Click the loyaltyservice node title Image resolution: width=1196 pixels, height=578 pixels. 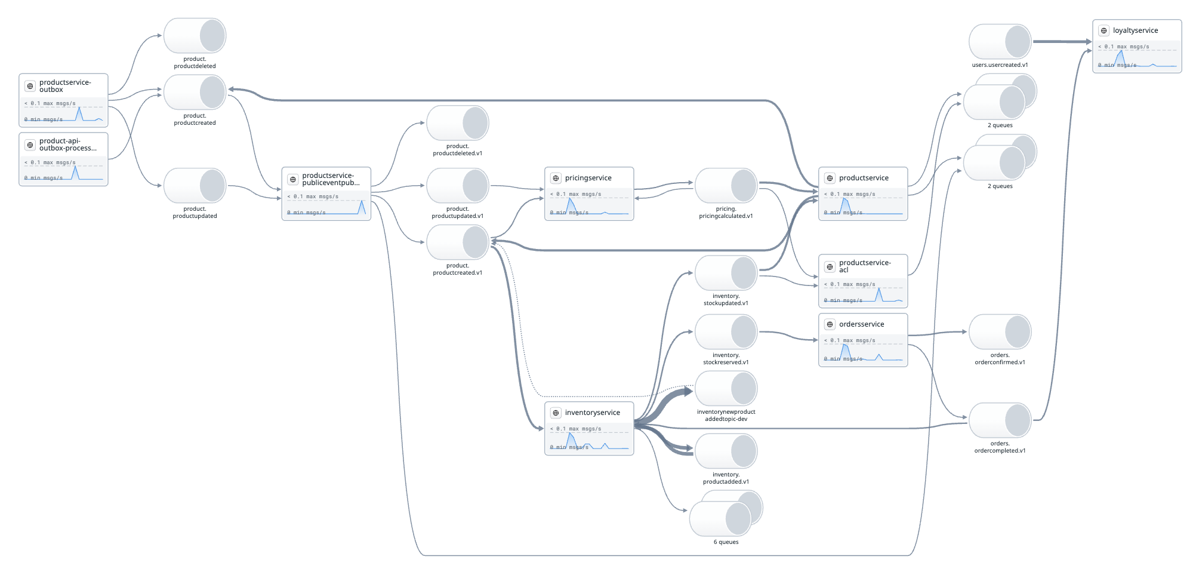click(x=1135, y=30)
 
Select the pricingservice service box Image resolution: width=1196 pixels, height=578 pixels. click(x=588, y=193)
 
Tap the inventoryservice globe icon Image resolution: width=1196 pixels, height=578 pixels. click(x=556, y=413)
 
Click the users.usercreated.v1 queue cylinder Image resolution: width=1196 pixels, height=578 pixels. click(x=1000, y=42)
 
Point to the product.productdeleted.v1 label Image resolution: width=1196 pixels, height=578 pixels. click(x=457, y=150)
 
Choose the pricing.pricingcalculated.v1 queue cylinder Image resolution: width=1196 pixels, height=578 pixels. click(x=726, y=185)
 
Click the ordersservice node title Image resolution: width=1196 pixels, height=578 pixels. click(x=861, y=324)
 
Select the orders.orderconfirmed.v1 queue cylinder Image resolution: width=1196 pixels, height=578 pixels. click(x=1000, y=332)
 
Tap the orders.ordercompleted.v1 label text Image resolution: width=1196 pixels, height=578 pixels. click(x=1000, y=447)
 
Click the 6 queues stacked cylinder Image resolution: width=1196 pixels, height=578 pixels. click(x=725, y=514)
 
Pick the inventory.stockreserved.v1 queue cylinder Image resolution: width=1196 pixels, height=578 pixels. click(x=726, y=332)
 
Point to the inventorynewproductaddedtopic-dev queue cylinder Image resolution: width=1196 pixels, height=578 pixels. click(x=726, y=389)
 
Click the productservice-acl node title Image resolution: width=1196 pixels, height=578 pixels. click(x=865, y=266)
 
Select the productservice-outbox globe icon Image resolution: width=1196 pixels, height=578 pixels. click(x=30, y=86)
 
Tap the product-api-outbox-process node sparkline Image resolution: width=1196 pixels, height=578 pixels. click(x=63, y=173)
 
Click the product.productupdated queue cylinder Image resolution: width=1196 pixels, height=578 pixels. click(x=195, y=186)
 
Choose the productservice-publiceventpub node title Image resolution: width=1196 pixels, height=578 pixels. click(x=331, y=179)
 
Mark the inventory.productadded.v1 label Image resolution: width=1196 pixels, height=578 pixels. click(x=726, y=478)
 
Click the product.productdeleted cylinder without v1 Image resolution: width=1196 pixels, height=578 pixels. click(x=195, y=36)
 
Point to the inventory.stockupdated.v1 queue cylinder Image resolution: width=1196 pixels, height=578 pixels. click(x=726, y=273)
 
